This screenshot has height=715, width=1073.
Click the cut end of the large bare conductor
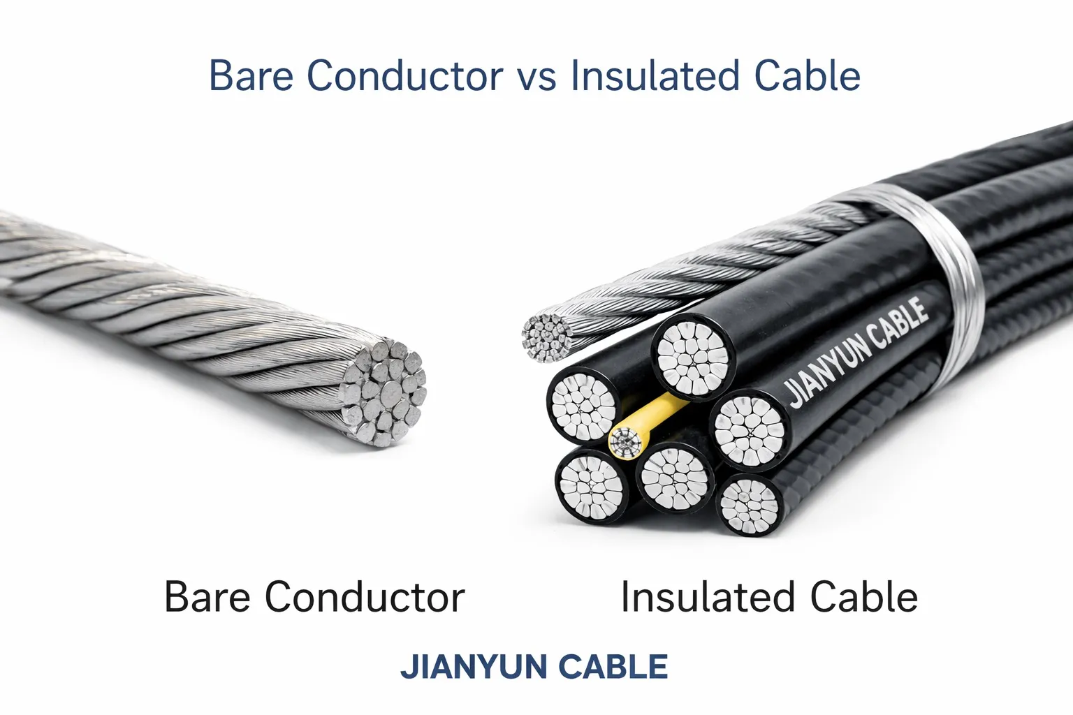point(384,393)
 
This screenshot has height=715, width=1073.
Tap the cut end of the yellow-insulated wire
point(625,442)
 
